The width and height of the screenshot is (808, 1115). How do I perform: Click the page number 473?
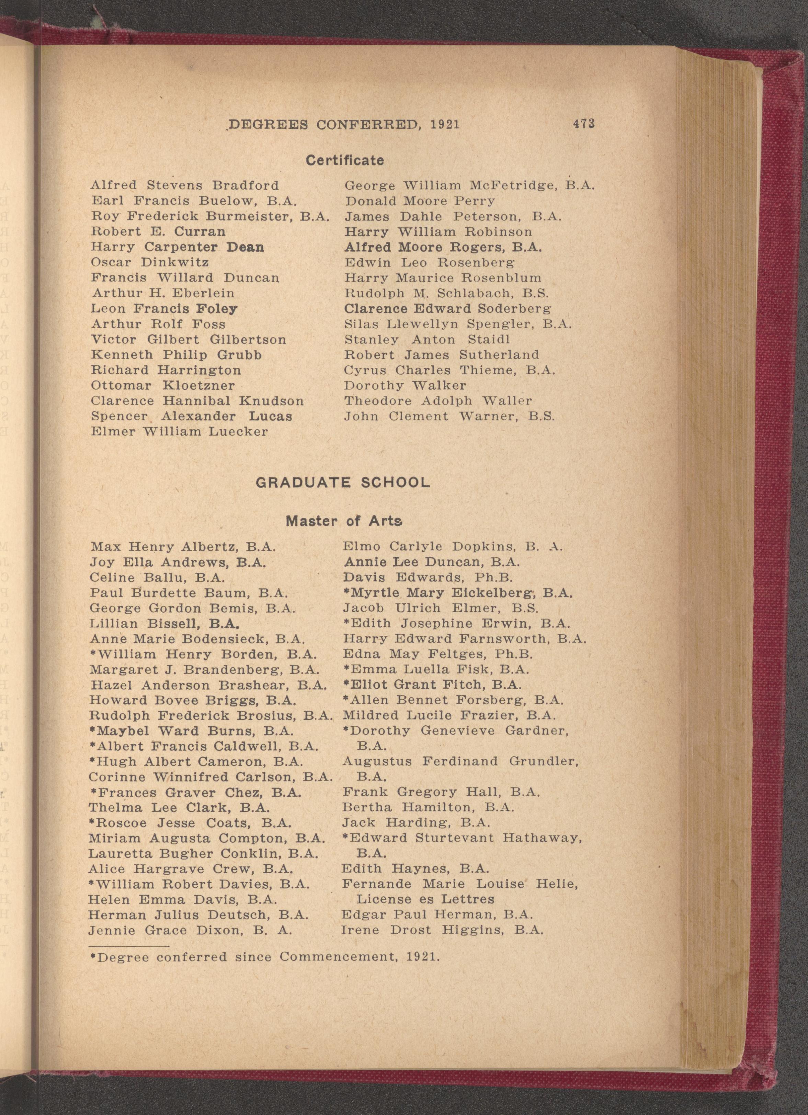coord(583,124)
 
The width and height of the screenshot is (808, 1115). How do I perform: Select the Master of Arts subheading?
coord(344,521)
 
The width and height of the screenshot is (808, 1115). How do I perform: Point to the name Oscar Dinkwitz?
coord(150,263)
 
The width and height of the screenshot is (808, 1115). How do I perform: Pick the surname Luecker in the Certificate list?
coord(238,432)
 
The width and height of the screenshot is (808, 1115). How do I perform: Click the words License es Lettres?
coord(425,899)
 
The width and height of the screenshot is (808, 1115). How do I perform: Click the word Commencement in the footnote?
coord(337,957)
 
